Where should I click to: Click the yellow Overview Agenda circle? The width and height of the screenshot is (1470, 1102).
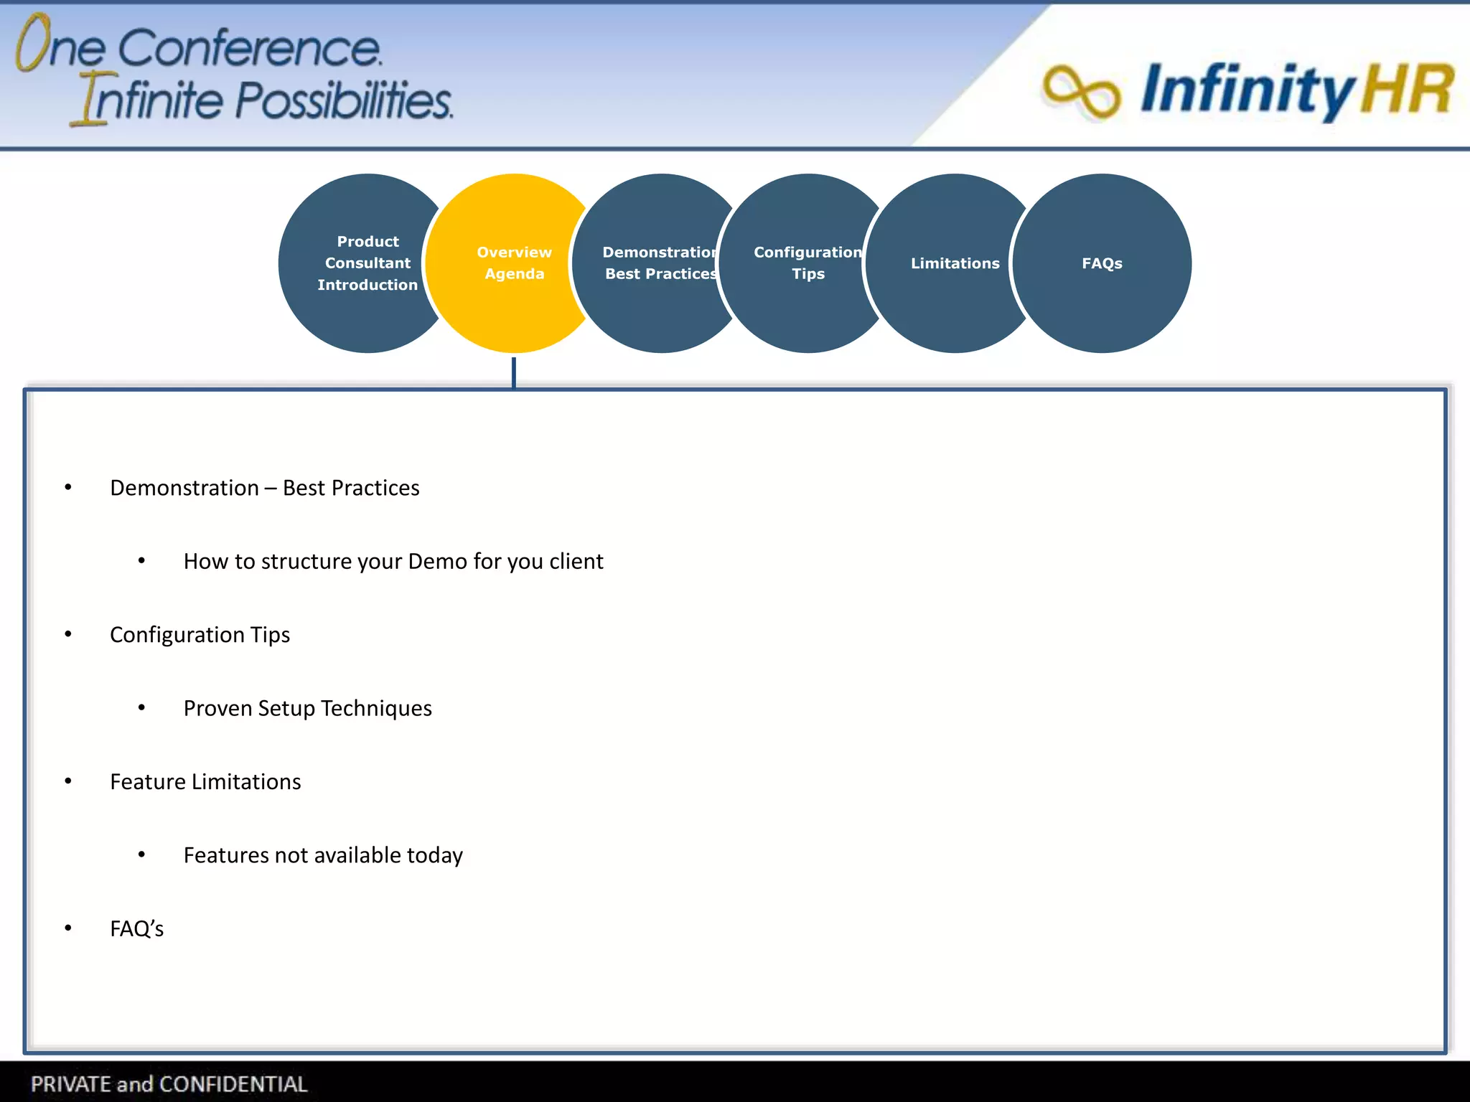(514, 263)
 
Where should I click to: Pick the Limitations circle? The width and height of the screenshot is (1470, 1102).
(954, 263)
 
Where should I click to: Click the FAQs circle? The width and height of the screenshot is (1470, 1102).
(1102, 263)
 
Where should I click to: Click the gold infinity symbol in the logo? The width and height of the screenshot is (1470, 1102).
(1081, 91)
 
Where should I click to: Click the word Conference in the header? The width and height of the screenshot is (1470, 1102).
(249, 49)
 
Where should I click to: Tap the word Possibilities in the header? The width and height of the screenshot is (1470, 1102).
(344, 100)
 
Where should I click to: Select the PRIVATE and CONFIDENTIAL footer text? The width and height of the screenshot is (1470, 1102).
(169, 1083)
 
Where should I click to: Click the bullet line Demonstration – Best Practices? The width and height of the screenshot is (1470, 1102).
(264, 488)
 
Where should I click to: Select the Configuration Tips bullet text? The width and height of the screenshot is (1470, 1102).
(200, 635)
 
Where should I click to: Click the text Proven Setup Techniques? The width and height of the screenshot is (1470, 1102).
(307, 708)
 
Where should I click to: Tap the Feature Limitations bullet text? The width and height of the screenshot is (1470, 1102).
(205, 782)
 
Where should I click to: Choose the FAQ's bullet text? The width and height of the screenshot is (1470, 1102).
(136, 929)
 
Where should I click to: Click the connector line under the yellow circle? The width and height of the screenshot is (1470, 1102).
(514, 372)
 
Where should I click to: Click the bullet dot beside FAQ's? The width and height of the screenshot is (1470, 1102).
(68, 928)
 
